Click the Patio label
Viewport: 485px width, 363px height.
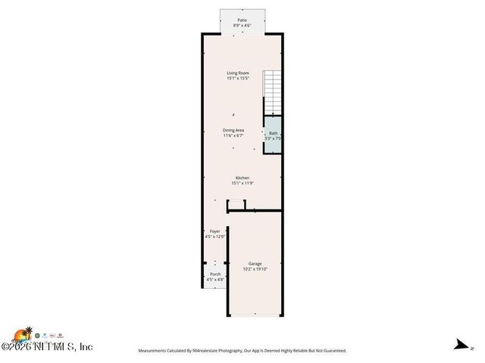pos(242,20)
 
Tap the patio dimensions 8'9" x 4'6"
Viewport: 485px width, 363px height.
pos(242,26)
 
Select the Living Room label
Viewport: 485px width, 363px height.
pos(238,73)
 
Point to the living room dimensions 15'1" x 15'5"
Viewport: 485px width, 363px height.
pos(238,79)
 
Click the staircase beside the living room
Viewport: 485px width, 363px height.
pos(272,92)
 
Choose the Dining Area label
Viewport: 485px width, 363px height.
pos(233,130)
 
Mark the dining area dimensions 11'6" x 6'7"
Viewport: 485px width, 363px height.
pos(233,135)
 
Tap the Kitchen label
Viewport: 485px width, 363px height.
pos(242,178)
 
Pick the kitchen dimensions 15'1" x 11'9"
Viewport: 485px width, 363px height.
pos(242,183)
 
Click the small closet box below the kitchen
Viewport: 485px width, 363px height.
pos(236,204)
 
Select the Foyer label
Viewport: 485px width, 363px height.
pos(214,231)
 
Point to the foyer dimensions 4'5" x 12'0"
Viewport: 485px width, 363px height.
pos(214,237)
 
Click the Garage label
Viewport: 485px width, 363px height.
pos(255,263)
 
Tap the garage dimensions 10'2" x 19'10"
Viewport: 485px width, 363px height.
pos(255,268)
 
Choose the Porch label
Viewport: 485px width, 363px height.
pos(215,274)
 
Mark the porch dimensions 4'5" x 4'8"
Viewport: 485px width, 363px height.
pos(215,279)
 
